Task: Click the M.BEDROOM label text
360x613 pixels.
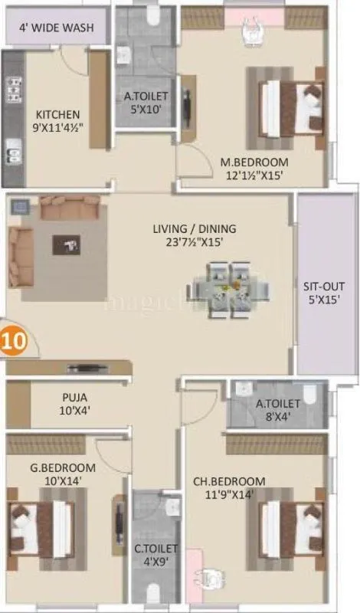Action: [254, 162]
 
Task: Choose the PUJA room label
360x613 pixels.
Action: [74, 398]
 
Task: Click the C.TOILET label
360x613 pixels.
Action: [157, 549]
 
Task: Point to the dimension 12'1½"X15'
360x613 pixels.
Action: [254, 175]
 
